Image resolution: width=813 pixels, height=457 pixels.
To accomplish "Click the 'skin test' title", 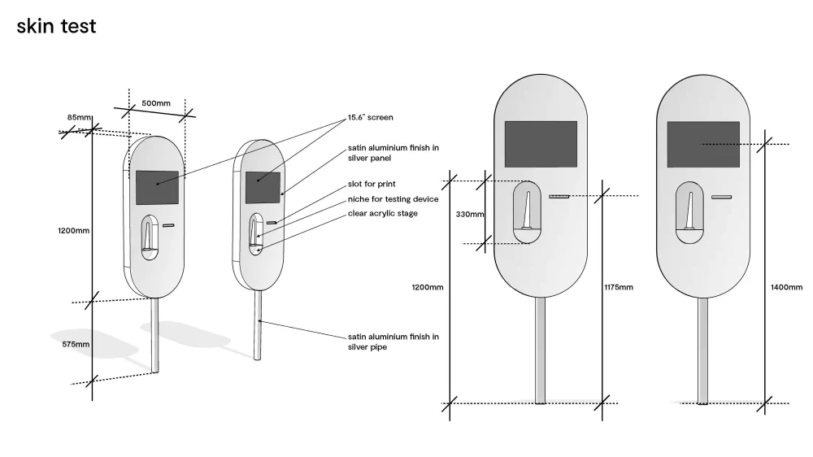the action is pyautogui.click(x=56, y=26).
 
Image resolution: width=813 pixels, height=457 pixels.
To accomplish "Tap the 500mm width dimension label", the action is pyautogui.click(x=156, y=103).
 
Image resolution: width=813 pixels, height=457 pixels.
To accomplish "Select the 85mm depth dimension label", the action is pyautogui.click(x=79, y=117).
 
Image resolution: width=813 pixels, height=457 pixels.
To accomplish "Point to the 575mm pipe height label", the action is pyautogui.click(x=76, y=344).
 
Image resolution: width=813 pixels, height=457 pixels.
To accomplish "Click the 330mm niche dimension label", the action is pyautogui.click(x=470, y=214).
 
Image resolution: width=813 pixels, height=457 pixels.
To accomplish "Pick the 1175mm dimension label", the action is pyautogui.click(x=619, y=287).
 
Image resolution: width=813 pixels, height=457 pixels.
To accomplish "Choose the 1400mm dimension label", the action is pyautogui.click(x=786, y=287).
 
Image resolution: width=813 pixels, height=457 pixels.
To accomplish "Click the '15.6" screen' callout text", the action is pyautogui.click(x=370, y=117).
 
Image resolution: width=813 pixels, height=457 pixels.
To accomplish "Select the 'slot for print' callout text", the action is pyautogui.click(x=372, y=184).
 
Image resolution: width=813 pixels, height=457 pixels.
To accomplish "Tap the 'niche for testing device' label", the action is pyautogui.click(x=393, y=198).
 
